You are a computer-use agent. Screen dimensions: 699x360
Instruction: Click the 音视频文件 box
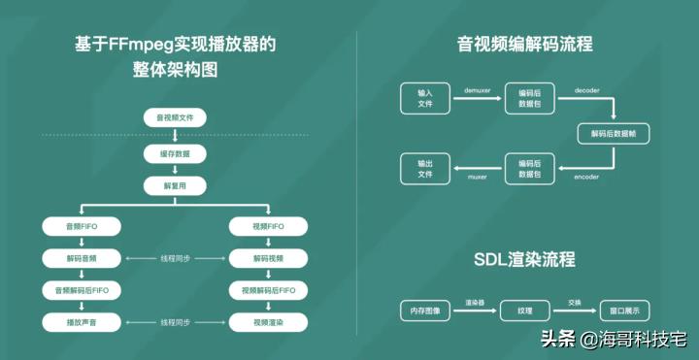175,118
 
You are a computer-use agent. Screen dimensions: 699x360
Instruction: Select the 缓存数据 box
175,154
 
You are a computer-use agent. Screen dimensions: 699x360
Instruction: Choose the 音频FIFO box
82,226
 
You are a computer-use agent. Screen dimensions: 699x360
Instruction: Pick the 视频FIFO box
269,226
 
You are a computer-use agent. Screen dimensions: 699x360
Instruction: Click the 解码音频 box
82,258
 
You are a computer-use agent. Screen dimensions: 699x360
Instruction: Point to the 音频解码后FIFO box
82,289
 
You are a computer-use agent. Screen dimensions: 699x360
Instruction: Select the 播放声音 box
82,321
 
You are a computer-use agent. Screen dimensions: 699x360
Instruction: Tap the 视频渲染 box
269,321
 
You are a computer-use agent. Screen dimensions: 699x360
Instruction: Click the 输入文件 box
424,98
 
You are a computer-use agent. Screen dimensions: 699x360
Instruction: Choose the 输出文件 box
424,169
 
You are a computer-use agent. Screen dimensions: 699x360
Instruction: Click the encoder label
586,179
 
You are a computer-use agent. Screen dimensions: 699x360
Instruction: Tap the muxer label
479,179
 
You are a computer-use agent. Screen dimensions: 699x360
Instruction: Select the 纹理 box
524,311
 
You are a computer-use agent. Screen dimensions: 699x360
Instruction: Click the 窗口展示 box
624,311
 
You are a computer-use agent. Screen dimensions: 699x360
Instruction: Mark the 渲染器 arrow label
475,303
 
